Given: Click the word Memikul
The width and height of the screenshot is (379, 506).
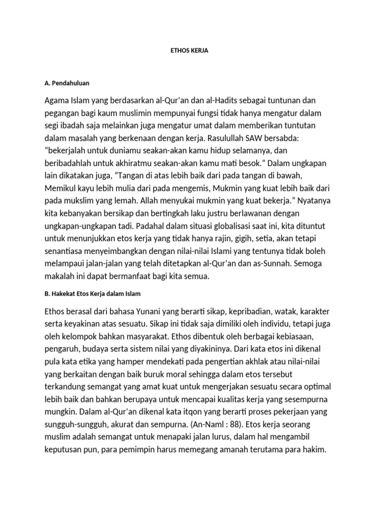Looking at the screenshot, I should click(x=61, y=188).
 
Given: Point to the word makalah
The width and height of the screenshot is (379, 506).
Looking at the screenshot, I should click(x=62, y=276).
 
